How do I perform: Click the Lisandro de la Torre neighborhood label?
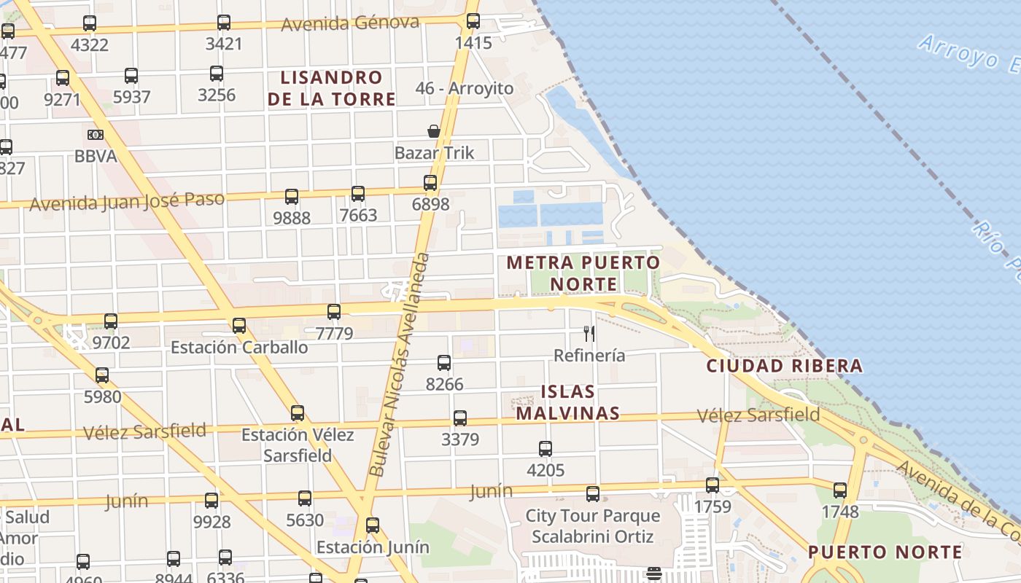[332, 88]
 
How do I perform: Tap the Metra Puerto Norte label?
[583, 273]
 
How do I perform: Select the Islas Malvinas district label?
[568, 402]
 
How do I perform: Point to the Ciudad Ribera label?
[785, 366]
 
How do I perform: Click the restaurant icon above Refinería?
[589, 334]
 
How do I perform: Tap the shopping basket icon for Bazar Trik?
[434, 131]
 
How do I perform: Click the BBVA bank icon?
[96, 135]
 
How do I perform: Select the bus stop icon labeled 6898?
[430, 183]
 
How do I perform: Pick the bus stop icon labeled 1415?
[473, 21]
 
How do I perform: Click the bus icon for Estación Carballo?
[239, 326]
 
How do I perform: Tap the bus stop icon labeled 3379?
[460, 418]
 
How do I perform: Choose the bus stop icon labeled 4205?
[546, 449]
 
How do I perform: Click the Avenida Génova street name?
[350, 23]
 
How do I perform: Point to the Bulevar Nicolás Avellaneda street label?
[400, 364]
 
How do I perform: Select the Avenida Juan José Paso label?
[127, 201]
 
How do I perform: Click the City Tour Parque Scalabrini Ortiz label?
[593, 526]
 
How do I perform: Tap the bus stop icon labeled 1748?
[840, 490]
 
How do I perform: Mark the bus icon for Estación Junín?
[373, 525]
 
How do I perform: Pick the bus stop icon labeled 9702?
[111, 321]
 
